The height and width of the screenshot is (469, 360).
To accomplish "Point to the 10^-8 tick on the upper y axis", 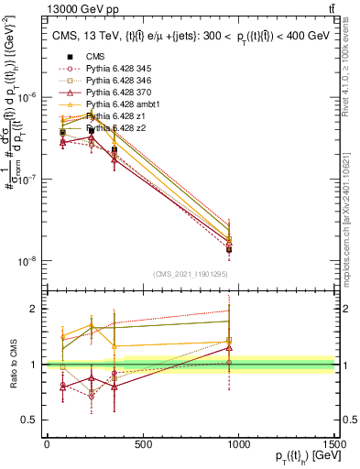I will tap(27, 261).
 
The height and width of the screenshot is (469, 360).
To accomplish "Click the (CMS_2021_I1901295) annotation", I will tap(190, 274).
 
